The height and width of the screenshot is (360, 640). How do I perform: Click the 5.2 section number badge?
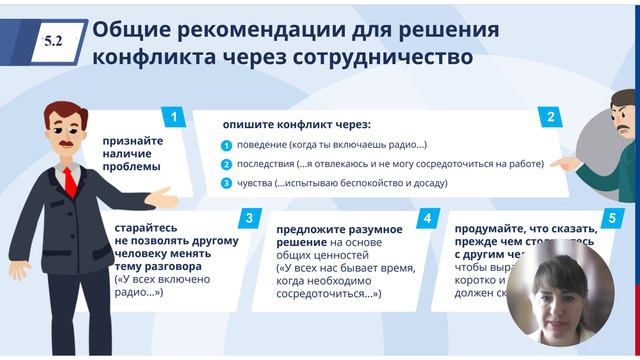(53, 41)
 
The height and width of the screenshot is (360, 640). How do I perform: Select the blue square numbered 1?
(173, 117)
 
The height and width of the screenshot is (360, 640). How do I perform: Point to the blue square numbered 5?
(611, 217)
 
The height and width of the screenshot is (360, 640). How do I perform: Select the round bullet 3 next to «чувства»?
(227, 184)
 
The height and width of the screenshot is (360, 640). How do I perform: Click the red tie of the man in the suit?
(70, 181)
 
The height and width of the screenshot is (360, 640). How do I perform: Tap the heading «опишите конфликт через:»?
(297, 124)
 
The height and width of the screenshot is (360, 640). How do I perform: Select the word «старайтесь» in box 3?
(149, 228)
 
